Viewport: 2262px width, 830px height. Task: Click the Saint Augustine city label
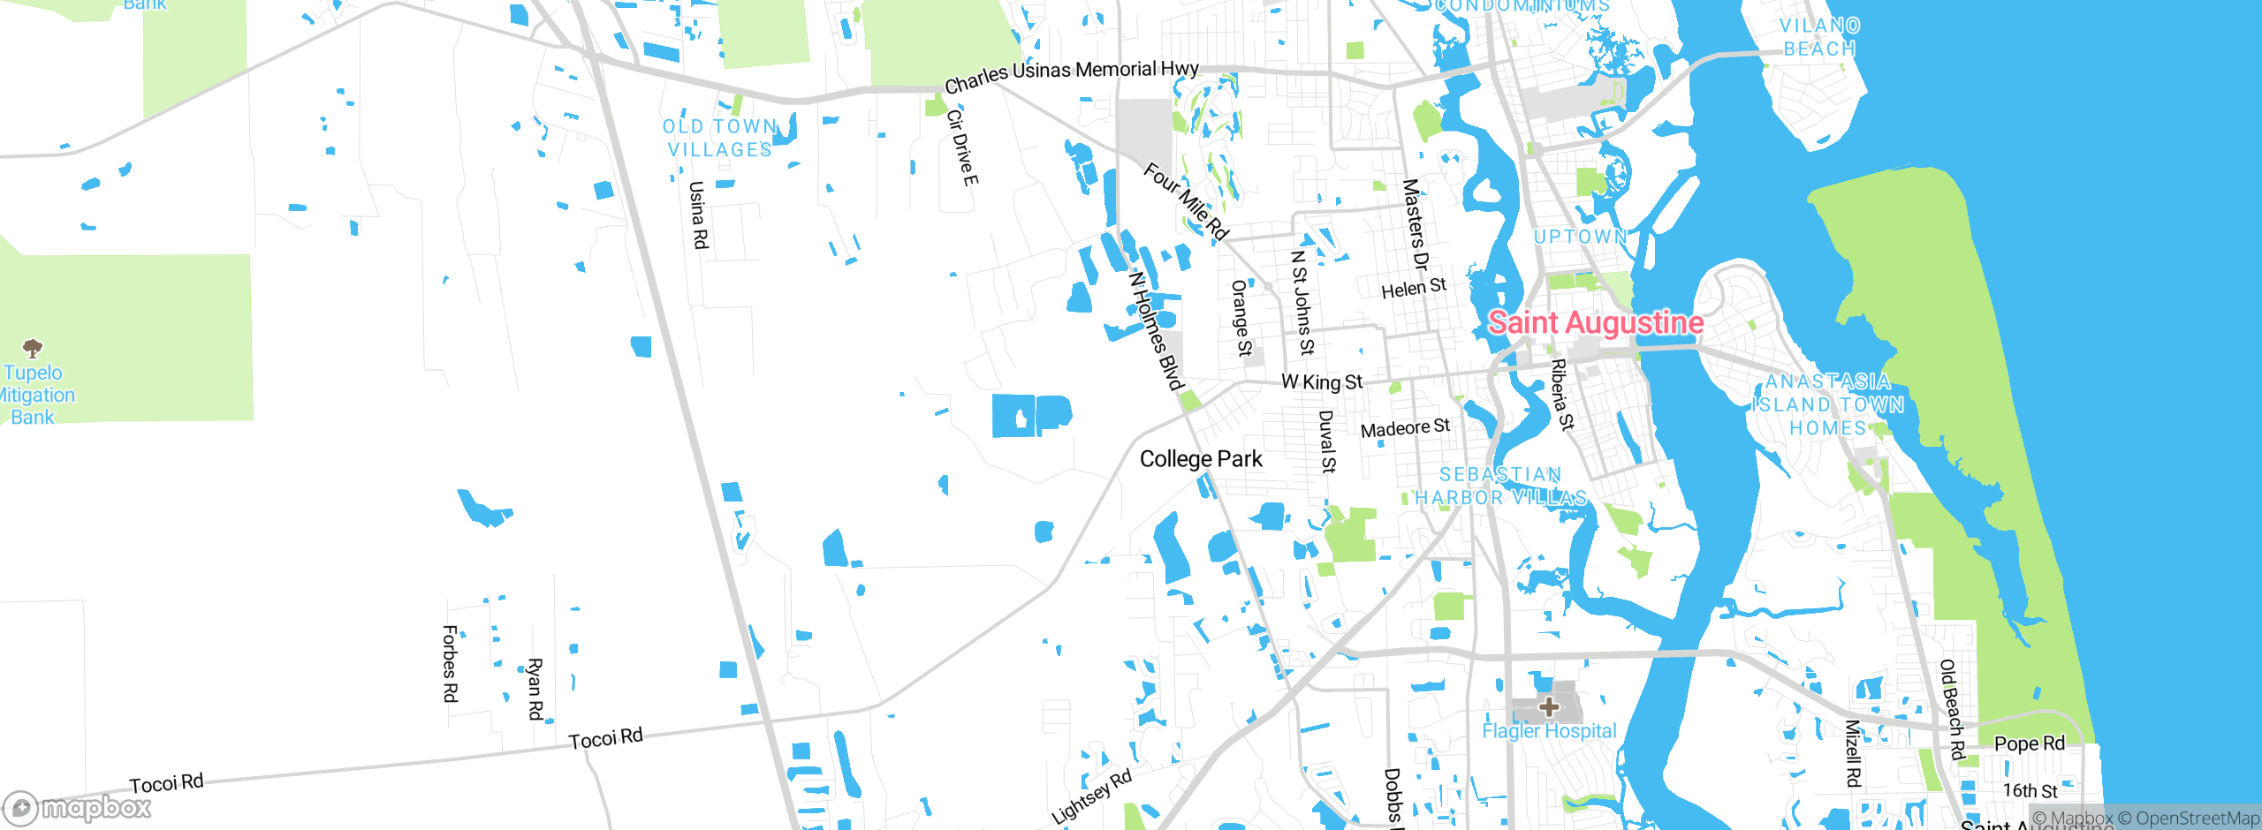(x=1596, y=323)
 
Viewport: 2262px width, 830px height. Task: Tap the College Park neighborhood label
(x=1201, y=459)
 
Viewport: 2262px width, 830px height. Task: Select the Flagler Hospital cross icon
(x=1549, y=706)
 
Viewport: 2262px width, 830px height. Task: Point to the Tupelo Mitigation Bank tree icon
(x=33, y=348)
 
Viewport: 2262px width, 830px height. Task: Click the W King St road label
(x=1322, y=382)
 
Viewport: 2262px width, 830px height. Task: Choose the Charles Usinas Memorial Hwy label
(x=1072, y=76)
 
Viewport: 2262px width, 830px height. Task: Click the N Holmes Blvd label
(x=1156, y=330)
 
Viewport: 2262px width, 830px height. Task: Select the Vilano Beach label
(x=1819, y=38)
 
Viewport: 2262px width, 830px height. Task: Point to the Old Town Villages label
(x=720, y=139)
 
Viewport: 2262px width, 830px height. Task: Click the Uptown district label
(x=1580, y=237)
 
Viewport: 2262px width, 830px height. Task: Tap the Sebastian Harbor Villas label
(x=1500, y=487)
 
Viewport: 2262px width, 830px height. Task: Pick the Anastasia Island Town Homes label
(x=1828, y=404)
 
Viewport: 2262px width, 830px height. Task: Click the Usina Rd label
(x=698, y=215)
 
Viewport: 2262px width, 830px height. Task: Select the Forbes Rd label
(x=450, y=663)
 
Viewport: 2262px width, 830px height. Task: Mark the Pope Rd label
(x=2030, y=743)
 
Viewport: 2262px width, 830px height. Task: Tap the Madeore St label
(x=1405, y=428)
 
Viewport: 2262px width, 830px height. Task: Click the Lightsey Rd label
(x=1092, y=797)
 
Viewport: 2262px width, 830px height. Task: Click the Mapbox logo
(x=78, y=807)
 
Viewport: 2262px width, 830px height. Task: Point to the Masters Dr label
(x=1415, y=224)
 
